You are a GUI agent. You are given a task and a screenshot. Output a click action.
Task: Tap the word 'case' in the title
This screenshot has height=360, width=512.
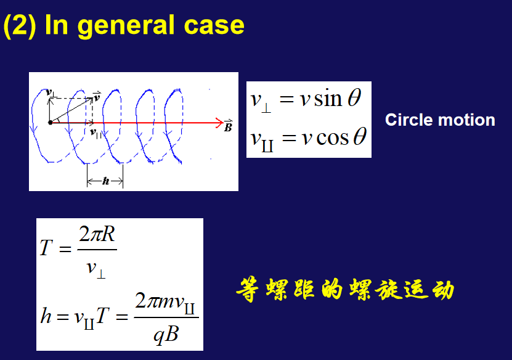tap(214, 25)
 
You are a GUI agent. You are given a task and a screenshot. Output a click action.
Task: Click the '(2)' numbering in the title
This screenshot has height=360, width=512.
tap(20, 25)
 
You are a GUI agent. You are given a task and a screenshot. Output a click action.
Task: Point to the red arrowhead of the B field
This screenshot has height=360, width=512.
tap(219, 123)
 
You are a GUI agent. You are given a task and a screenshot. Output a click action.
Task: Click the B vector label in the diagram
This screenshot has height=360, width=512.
tap(228, 126)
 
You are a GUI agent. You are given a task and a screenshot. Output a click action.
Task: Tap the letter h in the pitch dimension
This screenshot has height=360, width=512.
tap(105, 181)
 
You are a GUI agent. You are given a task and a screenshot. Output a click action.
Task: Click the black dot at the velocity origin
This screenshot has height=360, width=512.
tap(51, 123)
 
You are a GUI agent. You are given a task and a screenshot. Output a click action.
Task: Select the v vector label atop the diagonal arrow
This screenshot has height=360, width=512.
tap(97, 97)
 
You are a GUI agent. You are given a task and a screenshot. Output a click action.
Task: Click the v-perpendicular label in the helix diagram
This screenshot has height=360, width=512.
tap(51, 93)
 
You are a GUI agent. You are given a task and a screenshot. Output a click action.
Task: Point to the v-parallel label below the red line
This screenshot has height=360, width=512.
tap(95, 133)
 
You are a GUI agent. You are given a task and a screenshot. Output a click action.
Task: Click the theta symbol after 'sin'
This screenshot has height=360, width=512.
tap(354, 97)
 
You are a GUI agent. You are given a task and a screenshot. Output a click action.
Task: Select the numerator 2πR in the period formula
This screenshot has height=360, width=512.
tap(97, 234)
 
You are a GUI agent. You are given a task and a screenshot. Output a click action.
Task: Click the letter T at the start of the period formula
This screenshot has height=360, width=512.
tap(46, 247)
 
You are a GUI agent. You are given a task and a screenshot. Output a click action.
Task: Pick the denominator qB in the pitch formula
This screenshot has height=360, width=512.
tap(166, 335)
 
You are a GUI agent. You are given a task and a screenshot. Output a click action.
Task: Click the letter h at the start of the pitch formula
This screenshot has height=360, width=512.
tap(46, 315)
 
